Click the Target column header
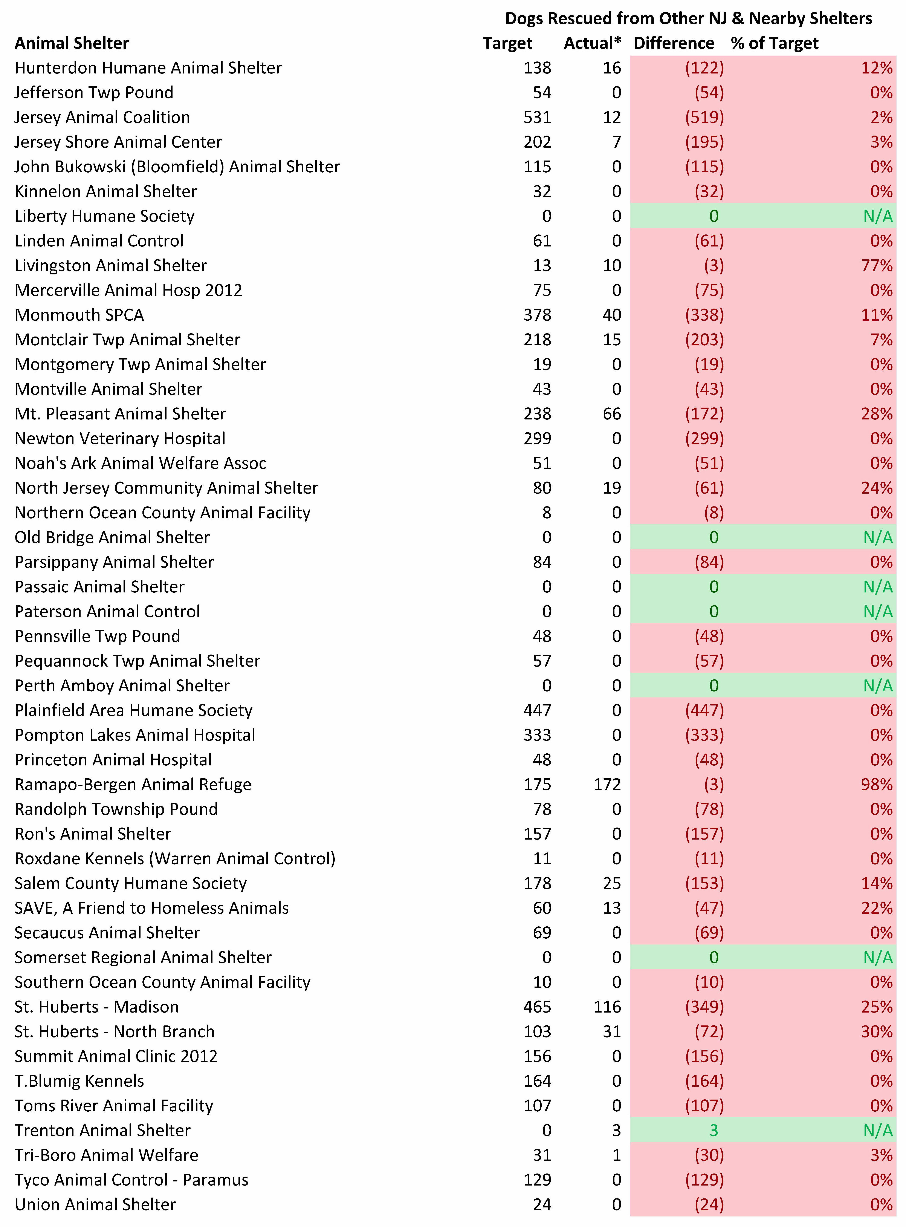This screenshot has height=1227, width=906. pyautogui.click(x=507, y=43)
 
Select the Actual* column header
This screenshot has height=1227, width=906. pyautogui.click(x=592, y=43)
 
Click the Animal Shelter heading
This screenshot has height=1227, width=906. pyautogui.click(x=72, y=43)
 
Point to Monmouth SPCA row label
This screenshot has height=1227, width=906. pyautogui.click(x=79, y=315)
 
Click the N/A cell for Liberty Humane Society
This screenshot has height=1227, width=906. pyautogui.click(x=877, y=216)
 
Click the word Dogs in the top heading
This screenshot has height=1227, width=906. pyautogui.click(x=524, y=19)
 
